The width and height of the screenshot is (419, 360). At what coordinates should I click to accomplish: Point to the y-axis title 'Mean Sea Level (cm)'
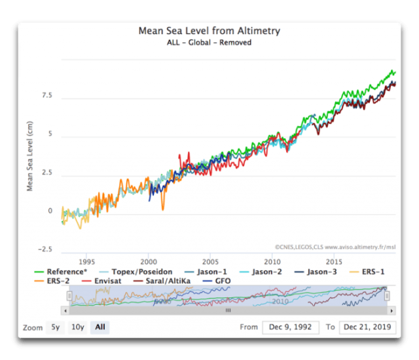pyautogui.click(x=30, y=156)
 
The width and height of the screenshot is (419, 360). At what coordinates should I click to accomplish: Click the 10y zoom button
pyautogui.click(x=77, y=327)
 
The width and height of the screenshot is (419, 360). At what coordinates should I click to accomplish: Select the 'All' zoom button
pyautogui.click(x=100, y=327)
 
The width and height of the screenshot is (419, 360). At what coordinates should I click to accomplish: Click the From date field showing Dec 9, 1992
pyautogui.click(x=290, y=327)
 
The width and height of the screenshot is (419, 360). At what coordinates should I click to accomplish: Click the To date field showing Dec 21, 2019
pyautogui.click(x=367, y=327)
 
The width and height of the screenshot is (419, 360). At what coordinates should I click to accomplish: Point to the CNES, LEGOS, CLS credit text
pyautogui.click(x=335, y=247)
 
